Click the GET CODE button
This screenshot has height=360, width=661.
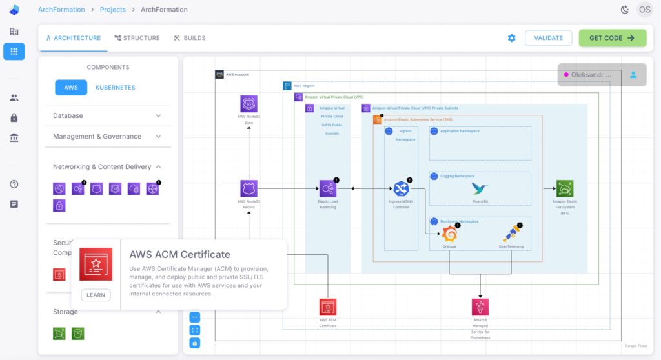click(612, 38)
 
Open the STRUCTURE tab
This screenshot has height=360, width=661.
click(137, 38)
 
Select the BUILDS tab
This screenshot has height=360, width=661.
click(189, 38)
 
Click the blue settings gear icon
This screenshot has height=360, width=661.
click(511, 38)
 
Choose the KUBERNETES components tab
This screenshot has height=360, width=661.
click(115, 88)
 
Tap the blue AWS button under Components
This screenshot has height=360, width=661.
click(71, 88)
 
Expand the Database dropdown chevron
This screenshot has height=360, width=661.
click(158, 116)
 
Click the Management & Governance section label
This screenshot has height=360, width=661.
click(97, 137)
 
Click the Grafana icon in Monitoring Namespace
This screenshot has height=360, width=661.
click(449, 234)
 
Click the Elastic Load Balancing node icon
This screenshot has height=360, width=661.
click(328, 188)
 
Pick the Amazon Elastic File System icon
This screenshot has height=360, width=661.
click(565, 188)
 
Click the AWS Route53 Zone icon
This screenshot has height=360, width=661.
click(249, 104)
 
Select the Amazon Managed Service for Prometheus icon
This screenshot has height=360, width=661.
click(480, 307)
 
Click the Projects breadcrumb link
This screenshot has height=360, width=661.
click(112, 10)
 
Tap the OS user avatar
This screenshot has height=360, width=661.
click(644, 10)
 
